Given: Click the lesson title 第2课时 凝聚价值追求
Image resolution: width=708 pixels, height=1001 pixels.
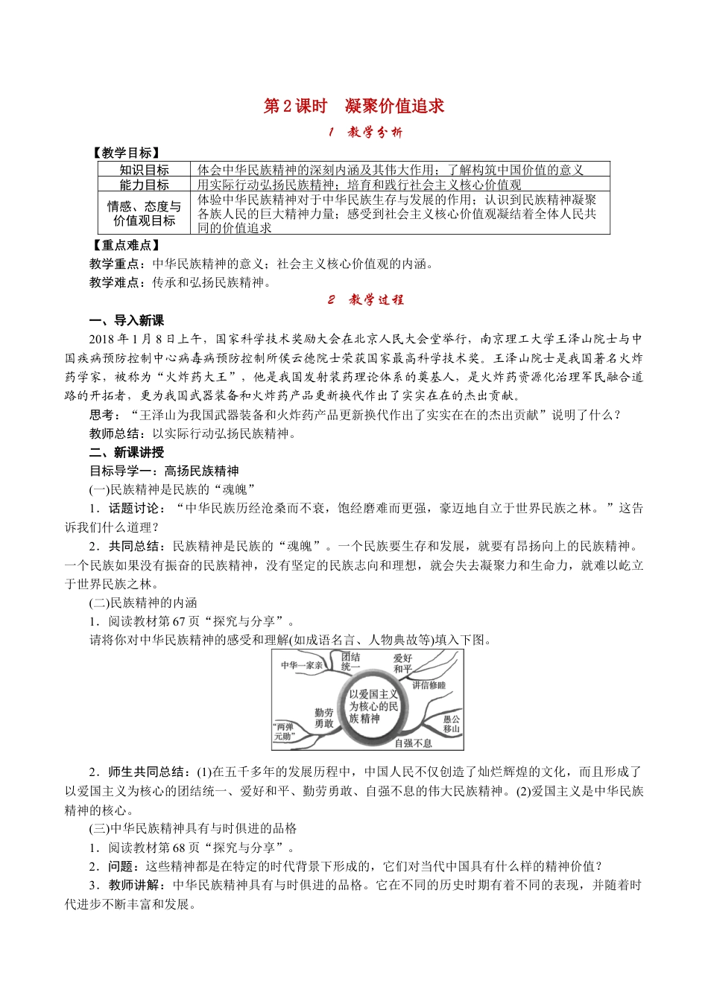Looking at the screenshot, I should (x=354, y=106).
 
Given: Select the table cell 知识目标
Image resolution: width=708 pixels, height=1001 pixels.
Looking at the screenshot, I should (x=144, y=170).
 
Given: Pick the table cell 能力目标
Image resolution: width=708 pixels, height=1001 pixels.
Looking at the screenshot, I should (x=144, y=185).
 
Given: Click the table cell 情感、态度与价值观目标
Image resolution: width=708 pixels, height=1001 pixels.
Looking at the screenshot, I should (x=144, y=213).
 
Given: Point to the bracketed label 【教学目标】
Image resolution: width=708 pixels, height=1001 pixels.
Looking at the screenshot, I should (x=124, y=153).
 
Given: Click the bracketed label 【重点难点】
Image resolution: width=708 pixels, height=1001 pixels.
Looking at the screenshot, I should (x=124, y=245).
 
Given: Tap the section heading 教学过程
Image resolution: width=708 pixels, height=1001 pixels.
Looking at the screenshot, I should (x=366, y=300).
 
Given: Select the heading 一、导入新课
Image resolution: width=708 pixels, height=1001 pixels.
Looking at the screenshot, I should (x=127, y=320).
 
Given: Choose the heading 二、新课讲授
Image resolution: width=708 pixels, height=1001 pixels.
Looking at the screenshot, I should (x=127, y=452).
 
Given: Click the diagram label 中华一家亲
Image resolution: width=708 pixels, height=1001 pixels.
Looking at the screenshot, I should (x=302, y=665).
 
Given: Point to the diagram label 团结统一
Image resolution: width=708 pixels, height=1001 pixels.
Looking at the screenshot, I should (x=350, y=661).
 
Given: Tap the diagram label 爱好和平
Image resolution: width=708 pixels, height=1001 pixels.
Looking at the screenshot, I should (x=402, y=663).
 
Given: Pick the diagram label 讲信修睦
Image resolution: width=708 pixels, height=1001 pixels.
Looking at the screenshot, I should (x=429, y=685).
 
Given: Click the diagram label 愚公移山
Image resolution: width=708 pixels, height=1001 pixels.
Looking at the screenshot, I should (x=451, y=724).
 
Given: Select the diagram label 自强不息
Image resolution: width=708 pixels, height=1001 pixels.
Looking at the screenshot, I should (x=413, y=743).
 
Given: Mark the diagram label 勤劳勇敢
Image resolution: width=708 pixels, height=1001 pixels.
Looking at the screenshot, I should (x=323, y=718).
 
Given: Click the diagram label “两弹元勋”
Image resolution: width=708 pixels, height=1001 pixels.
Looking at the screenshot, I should (x=284, y=731).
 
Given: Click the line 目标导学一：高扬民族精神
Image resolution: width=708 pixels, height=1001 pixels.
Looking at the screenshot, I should (x=164, y=471).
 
